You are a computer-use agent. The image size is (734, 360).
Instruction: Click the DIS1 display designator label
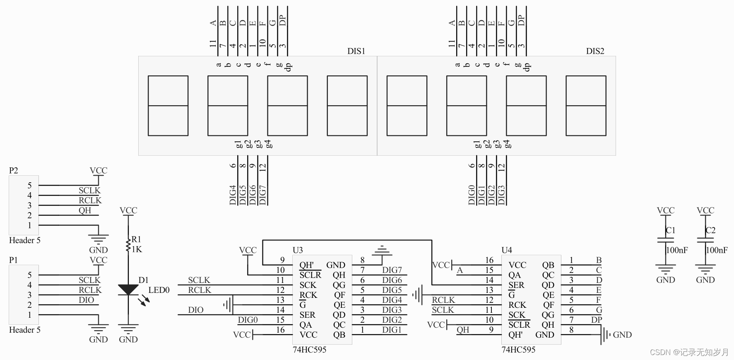pos(356,51)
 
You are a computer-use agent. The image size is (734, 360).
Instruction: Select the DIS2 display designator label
pos(595,51)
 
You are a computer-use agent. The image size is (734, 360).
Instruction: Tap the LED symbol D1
pos(128,290)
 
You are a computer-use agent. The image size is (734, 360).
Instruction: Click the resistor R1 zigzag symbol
pos(128,244)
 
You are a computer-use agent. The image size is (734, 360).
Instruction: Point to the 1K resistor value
pos(137,249)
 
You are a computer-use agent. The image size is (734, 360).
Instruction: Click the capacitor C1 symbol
pos(665,240)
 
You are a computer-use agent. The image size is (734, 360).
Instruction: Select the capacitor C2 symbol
pos(705,240)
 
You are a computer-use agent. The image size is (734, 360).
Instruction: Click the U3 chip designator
pos(298,250)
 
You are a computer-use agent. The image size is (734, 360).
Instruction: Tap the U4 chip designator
pos(507,250)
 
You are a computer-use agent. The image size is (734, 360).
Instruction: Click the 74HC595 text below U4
pos(518,350)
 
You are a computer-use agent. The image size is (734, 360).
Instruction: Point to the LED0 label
pos(159,290)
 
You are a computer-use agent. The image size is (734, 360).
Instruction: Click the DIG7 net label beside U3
pos(392,270)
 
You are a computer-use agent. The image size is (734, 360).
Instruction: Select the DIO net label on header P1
pos(86,300)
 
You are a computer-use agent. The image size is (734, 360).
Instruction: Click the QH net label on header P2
pos(85,210)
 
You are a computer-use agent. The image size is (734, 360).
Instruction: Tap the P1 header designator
pos(14,260)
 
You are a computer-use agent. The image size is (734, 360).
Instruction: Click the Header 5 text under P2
pos(25,240)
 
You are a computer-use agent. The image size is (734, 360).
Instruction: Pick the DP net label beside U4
pos(596,320)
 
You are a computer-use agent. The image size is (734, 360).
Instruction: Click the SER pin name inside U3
pos(308,315)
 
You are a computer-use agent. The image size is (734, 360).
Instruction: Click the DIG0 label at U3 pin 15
pos(248,320)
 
